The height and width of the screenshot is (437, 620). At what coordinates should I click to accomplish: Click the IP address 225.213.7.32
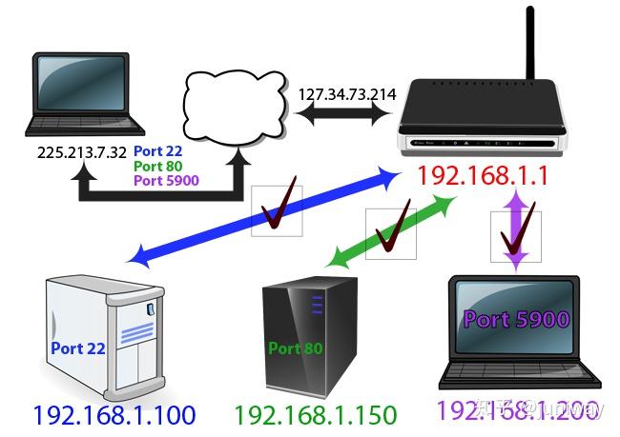pyautogui.click(x=80, y=151)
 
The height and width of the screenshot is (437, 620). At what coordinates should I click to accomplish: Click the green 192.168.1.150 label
pyautogui.click(x=315, y=415)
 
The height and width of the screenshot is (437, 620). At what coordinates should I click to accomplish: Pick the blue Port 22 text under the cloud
pyautogui.click(x=158, y=150)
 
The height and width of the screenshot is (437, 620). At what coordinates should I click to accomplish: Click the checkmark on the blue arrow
pyautogui.click(x=277, y=210)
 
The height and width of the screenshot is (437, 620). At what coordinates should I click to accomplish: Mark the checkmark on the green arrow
pyautogui.click(x=392, y=233)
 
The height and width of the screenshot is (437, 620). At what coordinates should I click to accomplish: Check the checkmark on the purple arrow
pyautogui.click(x=516, y=234)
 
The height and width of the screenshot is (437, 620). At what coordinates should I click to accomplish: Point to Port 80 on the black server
pyautogui.click(x=296, y=348)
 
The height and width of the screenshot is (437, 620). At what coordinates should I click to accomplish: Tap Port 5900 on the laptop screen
pyautogui.click(x=516, y=320)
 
